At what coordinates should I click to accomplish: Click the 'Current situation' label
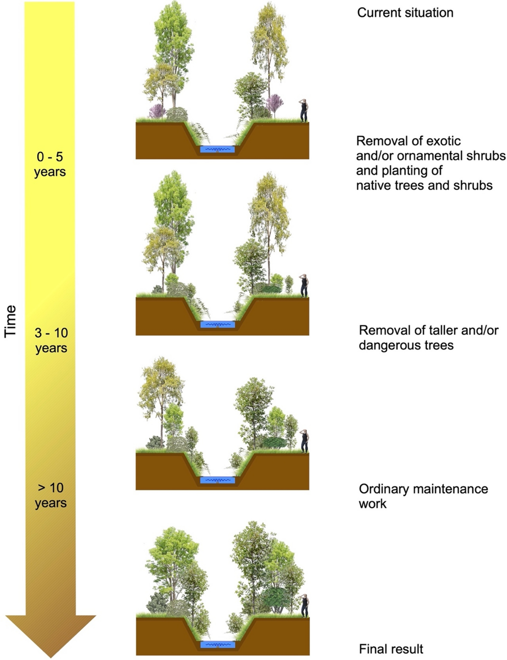(x=405, y=13)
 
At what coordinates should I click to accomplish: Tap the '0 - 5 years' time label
(x=50, y=164)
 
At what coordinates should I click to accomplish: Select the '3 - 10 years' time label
(x=51, y=340)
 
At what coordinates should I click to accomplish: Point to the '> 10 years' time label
(x=51, y=495)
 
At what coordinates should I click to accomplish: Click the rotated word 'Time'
(x=10, y=321)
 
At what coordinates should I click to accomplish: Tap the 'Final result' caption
(x=391, y=649)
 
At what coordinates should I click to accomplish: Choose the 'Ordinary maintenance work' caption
(x=423, y=496)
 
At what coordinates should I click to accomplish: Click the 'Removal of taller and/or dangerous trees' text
(x=428, y=337)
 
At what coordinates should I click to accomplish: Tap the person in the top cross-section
(x=303, y=111)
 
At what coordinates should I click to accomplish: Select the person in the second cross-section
(x=303, y=285)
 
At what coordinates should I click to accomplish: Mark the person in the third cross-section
(x=304, y=441)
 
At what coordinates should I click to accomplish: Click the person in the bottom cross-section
(x=304, y=605)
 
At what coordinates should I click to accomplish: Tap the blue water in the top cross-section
(x=217, y=149)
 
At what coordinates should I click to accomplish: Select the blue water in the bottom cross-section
(x=218, y=645)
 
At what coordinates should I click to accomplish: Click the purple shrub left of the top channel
(x=156, y=111)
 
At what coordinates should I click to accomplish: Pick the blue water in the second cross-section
(x=217, y=325)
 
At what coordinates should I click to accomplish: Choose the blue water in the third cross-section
(x=217, y=480)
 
